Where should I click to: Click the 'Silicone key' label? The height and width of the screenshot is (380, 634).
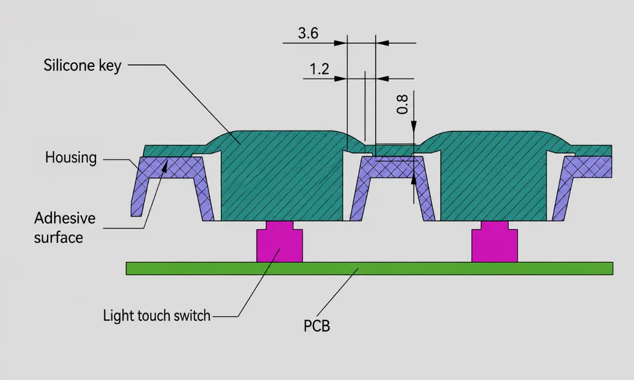[x=82, y=65]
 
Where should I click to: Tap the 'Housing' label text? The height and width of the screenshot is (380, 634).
[x=71, y=157]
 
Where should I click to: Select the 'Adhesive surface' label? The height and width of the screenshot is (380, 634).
[x=65, y=227]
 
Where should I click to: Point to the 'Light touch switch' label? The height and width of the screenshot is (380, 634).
[x=156, y=316]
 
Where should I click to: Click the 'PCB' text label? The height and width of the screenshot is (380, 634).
[x=316, y=326]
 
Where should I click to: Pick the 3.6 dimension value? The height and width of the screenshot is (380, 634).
[x=308, y=33]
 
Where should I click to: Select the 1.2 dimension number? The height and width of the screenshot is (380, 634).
[x=320, y=69]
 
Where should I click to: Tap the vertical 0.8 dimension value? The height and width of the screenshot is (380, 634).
[x=402, y=104]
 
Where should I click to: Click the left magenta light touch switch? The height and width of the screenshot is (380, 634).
[x=279, y=242]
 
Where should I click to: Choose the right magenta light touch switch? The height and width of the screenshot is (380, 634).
[x=495, y=242]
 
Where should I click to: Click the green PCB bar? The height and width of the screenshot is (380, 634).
[x=369, y=269]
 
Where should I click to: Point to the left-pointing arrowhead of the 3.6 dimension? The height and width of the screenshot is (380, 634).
[x=382, y=43]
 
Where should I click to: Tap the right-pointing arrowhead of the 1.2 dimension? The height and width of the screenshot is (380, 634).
[x=340, y=79]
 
